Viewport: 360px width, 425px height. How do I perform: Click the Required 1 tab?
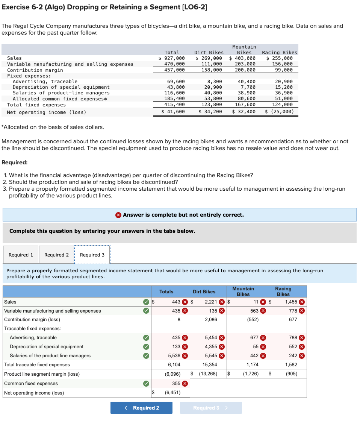(x=21, y=255)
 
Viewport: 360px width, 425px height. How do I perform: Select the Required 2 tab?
(x=56, y=255)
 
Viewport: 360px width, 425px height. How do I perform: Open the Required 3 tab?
(x=92, y=255)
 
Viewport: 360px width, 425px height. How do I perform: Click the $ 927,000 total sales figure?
(x=172, y=58)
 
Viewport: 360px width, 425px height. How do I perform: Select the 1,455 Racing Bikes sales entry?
(x=291, y=302)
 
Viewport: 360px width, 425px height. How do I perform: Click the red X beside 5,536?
(x=185, y=355)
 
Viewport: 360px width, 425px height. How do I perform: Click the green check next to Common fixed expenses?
(x=147, y=383)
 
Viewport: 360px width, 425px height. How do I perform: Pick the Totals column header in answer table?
(x=166, y=291)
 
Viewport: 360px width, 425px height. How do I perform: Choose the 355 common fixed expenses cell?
(x=176, y=383)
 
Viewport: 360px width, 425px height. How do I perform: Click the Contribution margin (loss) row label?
(x=32, y=319)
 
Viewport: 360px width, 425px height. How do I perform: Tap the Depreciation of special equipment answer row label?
(x=47, y=346)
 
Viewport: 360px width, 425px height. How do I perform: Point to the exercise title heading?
(x=104, y=7)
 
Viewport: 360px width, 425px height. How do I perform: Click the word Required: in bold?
(x=14, y=162)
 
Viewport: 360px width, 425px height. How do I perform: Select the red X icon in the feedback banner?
(x=118, y=215)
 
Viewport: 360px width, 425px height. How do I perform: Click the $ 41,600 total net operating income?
(x=173, y=112)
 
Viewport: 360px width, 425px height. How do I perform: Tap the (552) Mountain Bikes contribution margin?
(x=252, y=319)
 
